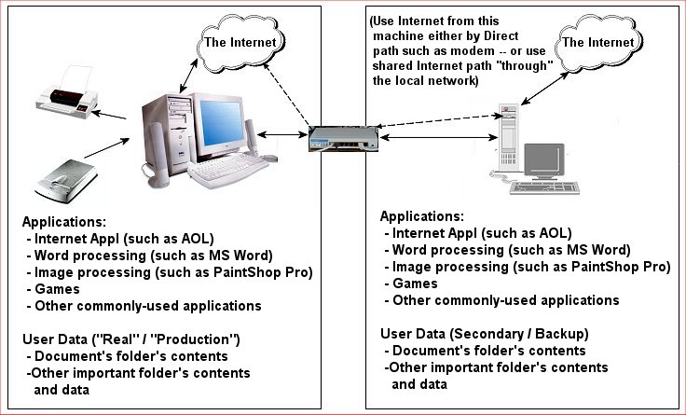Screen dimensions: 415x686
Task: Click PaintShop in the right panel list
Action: [x=578, y=267]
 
